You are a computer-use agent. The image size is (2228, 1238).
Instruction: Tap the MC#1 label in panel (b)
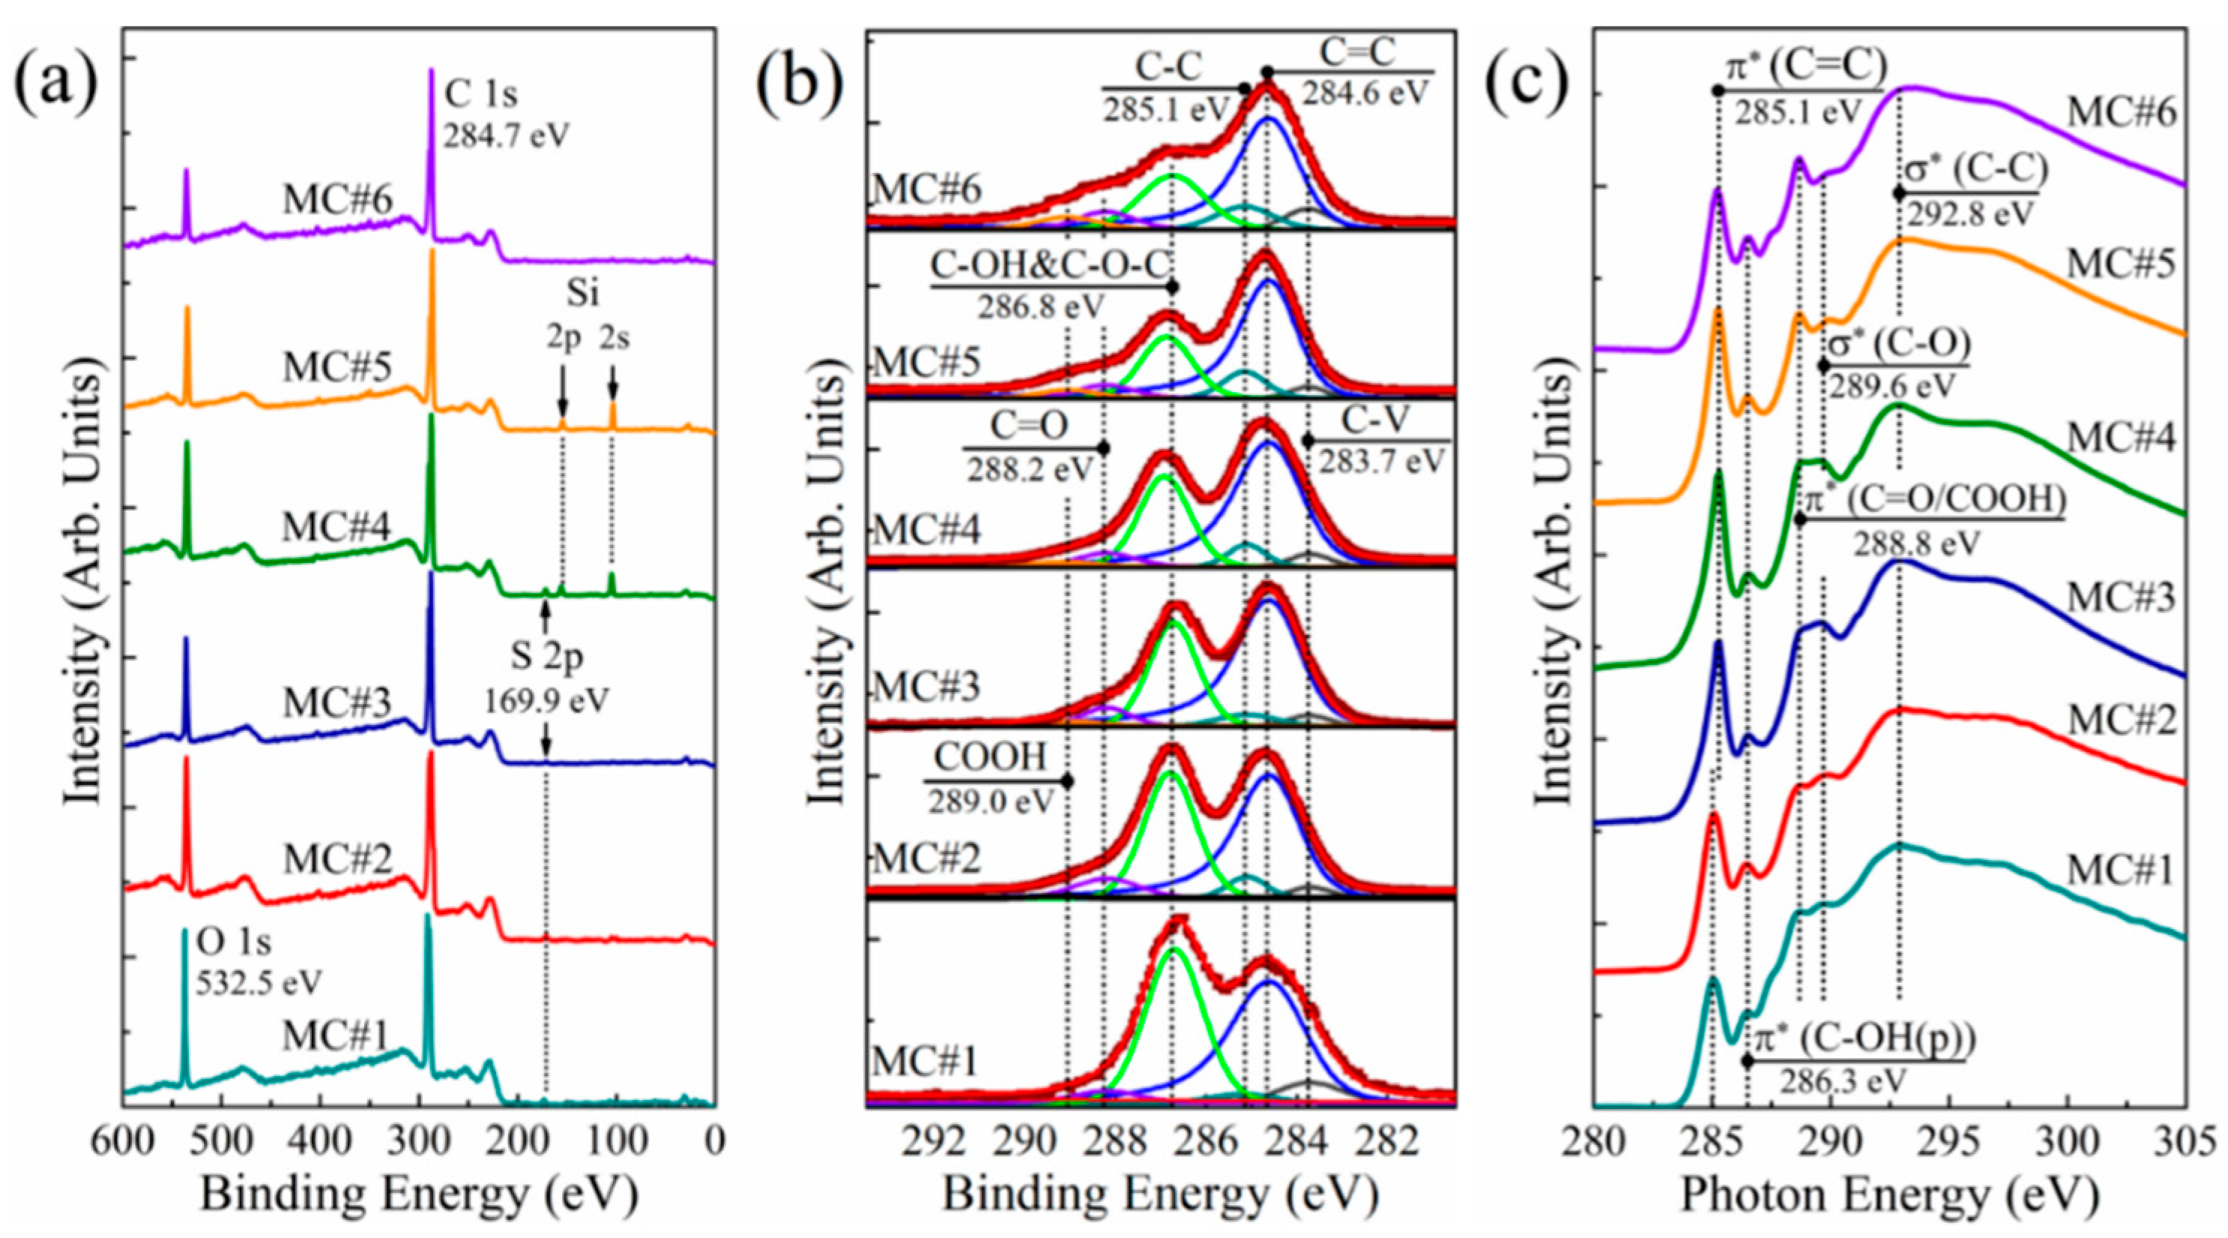pos(925,1062)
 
